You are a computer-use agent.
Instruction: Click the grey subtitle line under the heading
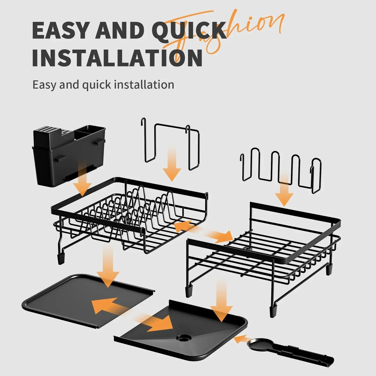coord(103,85)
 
